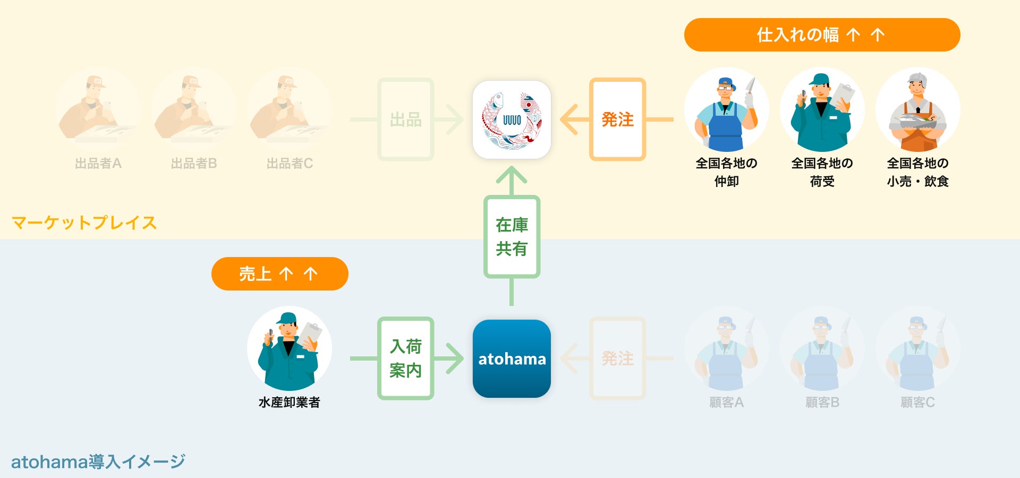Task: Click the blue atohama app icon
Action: (512, 358)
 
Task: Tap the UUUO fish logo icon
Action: (512, 119)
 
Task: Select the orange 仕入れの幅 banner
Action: (822, 35)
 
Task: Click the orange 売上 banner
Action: (279, 274)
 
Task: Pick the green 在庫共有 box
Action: (512, 237)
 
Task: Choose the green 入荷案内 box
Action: (405, 358)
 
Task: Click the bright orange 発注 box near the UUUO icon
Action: (617, 119)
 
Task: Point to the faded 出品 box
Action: (405, 119)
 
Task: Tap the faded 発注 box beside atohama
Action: (617, 358)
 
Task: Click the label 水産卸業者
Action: (289, 403)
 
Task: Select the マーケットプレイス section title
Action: (84, 223)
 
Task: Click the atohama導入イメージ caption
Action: (98, 462)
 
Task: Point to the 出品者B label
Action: (194, 164)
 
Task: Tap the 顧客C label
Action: (917, 403)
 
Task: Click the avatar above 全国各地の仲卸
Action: (726, 110)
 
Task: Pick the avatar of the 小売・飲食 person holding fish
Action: (917, 110)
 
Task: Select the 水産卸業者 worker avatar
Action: (289, 349)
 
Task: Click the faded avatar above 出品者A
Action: (98, 110)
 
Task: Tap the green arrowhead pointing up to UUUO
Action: (512, 175)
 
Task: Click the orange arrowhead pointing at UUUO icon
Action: (569, 119)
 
